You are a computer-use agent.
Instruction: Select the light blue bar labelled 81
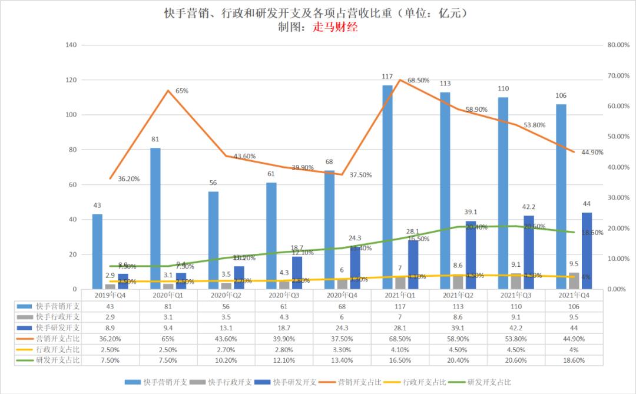tap(155, 218)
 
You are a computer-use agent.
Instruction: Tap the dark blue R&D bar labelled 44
tap(587, 251)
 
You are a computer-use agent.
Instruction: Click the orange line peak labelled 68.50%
tap(400, 80)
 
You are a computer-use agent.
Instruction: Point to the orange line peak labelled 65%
tap(168, 90)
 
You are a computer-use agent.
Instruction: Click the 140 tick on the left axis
tap(71, 45)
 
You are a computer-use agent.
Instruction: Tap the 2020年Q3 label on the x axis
tap(284, 294)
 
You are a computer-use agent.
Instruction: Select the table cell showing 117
tap(400, 306)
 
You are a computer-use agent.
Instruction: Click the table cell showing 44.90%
tap(574, 339)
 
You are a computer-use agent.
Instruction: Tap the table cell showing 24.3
tap(342, 328)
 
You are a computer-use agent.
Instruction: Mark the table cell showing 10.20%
tap(226, 360)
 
